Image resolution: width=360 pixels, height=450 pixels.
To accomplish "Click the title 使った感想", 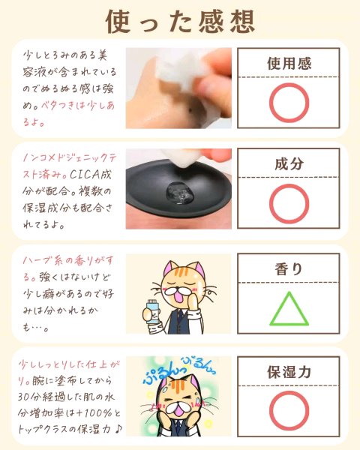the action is pyautogui.click(x=180, y=22).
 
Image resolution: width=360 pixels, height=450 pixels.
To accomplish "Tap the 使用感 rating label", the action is pyautogui.click(x=289, y=63).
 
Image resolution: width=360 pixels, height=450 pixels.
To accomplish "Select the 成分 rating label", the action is pyautogui.click(x=289, y=163).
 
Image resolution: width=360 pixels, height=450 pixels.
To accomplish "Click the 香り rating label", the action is pyautogui.click(x=289, y=269).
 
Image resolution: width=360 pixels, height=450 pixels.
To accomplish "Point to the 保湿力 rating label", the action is pyautogui.click(x=289, y=372).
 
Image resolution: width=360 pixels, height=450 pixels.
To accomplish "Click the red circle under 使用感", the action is pyautogui.click(x=289, y=82).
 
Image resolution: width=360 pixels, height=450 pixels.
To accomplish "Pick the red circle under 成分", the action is pyautogui.click(x=289, y=184).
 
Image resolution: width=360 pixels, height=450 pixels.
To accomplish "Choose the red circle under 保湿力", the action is pyautogui.click(x=289, y=391).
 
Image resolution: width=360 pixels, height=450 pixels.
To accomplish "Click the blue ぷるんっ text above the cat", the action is pyautogui.click(x=163, y=373).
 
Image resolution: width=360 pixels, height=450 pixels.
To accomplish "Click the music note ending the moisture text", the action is pyautogui.click(x=118, y=429).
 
